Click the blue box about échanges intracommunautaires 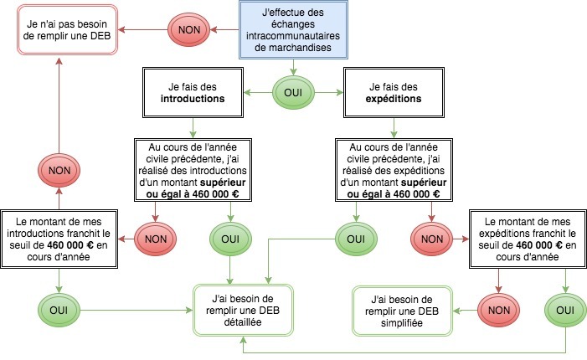pyautogui.click(x=291, y=30)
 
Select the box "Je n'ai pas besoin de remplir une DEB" pyautogui.click(x=64, y=30)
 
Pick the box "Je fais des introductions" pyautogui.click(x=193, y=92)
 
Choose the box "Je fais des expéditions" pyautogui.click(x=394, y=92)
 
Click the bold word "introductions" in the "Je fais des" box pyautogui.click(x=193, y=99)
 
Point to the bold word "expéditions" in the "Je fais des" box pyautogui.click(x=394, y=99)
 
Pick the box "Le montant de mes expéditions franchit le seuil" pyautogui.click(x=523, y=239)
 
